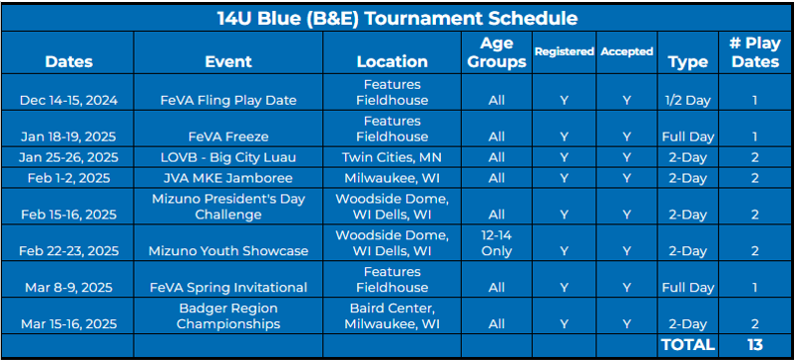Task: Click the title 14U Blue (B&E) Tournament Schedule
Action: coord(397,17)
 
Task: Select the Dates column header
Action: coord(69,62)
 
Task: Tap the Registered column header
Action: coord(563,52)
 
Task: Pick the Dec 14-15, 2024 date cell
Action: coord(69,101)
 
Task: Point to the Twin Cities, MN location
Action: coord(392,158)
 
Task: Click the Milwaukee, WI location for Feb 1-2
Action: coord(392,179)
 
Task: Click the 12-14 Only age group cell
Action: coord(496,242)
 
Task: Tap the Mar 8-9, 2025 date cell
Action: coord(69,287)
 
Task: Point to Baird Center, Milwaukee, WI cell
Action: coord(392,315)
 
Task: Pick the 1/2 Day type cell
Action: coord(688,101)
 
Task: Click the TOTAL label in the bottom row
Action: coord(688,345)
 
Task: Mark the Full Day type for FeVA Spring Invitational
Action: coord(688,287)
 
